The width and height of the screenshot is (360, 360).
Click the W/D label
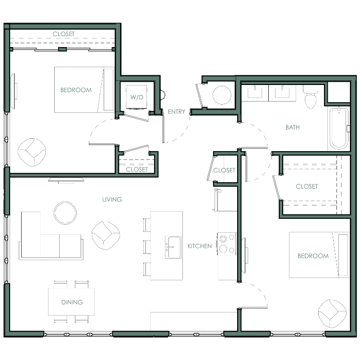(x=137, y=97)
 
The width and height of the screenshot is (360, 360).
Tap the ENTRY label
(x=176, y=111)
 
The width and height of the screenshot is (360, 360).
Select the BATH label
(x=292, y=127)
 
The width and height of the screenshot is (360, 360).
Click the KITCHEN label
(x=200, y=246)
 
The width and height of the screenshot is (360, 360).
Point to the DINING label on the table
(x=72, y=302)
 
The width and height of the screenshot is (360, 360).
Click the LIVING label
(x=112, y=200)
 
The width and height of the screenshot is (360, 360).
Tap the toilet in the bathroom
(x=311, y=97)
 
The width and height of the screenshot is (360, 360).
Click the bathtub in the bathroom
(x=339, y=128)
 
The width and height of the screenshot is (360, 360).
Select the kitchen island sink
(x=173, y=247)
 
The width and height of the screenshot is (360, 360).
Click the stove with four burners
(x=227, y=244)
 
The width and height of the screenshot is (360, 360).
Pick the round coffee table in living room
(x=65, y=213)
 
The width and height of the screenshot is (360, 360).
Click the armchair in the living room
(x=106, y=235)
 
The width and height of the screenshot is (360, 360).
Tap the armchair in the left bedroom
(x=32, y=152)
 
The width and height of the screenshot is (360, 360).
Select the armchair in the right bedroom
(x=332, y=313)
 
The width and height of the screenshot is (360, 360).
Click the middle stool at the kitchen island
(x=147, y=247)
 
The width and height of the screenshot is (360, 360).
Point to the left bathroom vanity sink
(x=255, y=92)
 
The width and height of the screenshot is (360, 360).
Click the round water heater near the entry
(x=222, y=95)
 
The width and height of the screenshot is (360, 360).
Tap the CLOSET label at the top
(x=63, y=34)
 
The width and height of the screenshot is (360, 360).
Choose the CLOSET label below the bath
(x=307, y=186)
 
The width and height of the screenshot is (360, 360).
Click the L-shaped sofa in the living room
(x=51, y=236)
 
